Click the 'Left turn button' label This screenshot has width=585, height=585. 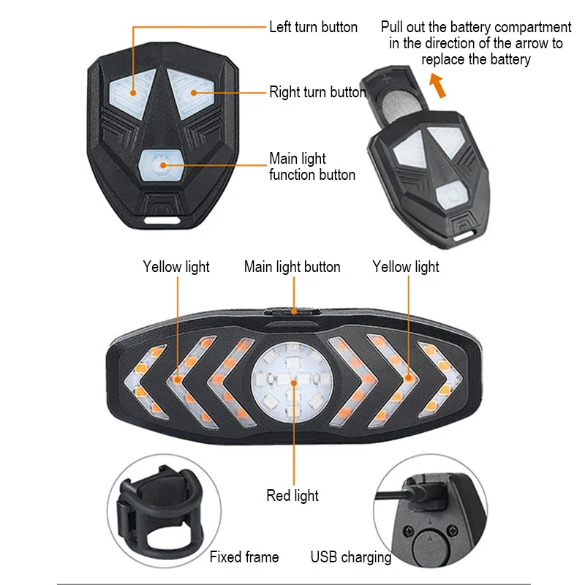(313, 27)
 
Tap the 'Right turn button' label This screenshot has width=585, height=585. (317, 92)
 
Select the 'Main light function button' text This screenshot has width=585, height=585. (312, 167)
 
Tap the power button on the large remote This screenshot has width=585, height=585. (159, 163)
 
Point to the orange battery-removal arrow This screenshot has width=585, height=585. (437, 87)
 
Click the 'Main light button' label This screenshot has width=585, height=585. (292, 267)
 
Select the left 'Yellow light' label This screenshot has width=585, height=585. (176, 267)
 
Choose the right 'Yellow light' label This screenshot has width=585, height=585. (406, 267)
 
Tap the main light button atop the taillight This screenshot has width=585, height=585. (292, 310)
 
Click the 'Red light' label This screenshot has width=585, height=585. (292, 496)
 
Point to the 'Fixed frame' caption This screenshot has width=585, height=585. (244, 557)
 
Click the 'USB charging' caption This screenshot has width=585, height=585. (351, 557)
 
